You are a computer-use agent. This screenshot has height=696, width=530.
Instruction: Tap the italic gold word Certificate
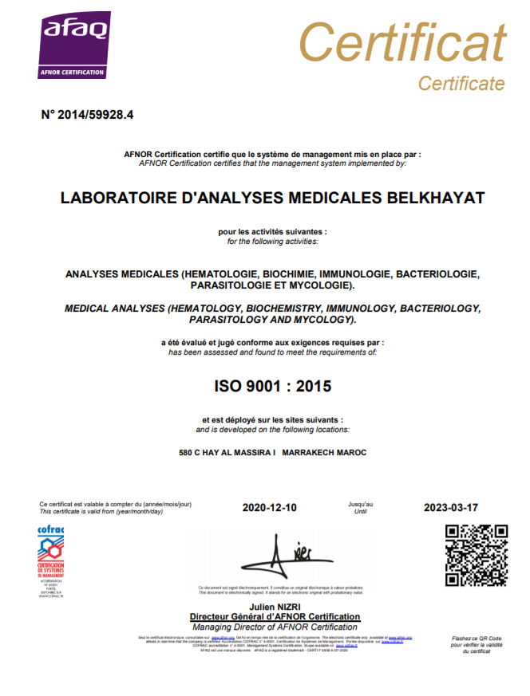coord(461,83)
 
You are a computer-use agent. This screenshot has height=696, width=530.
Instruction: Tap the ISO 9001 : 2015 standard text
coord(272,387)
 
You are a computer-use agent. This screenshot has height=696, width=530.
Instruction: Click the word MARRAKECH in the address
coord(310,453)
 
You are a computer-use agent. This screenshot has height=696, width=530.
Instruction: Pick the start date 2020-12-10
coord(269,508)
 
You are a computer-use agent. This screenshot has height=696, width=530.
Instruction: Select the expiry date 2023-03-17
coord(450,508)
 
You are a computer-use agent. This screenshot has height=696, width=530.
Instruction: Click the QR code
coord(477,556)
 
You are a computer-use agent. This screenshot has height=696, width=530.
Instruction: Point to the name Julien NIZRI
coord(275,608)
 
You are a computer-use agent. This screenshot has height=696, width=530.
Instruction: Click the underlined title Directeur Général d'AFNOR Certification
coord(275,617)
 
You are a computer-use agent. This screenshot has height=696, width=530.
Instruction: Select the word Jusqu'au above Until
coord(360,504)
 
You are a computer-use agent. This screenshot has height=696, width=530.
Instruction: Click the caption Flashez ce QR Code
coord(477,639)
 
